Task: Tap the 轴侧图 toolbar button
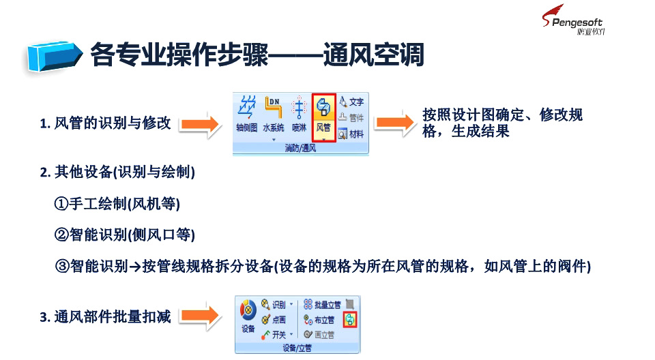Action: (x=247, y=114)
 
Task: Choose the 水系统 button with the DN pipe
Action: (x=273, y=114)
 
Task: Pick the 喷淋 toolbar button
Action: (x=299, y=114)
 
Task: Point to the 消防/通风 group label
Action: (x=300, y=148)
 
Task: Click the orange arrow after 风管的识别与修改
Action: (x=201, y=124)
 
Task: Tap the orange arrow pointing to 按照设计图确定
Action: (x=394, y=122)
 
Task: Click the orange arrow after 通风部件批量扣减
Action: (x=201, y=315)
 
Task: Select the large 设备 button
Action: (x=248, y=317)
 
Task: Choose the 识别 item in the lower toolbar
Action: (x=276, y=304)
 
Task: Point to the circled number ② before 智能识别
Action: (x=61, y=235)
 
